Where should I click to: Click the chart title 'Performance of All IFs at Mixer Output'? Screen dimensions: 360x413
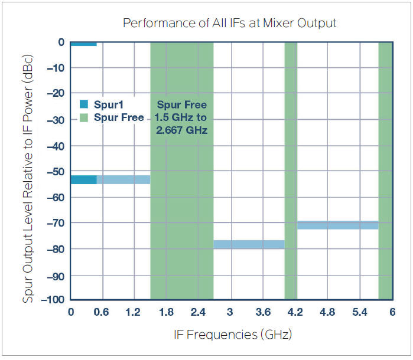click(229, 23)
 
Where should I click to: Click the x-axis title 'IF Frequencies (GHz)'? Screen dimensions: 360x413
click(233, 335)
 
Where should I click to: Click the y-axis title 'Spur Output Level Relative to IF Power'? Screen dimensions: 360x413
click(28, 171)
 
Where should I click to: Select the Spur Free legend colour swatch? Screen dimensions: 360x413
click(84, 117)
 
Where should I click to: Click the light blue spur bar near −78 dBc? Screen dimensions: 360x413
click(249, 244)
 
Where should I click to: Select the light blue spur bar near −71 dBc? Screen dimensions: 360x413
click(338, 225)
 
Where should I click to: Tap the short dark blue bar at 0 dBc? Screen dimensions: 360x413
click(83, 44)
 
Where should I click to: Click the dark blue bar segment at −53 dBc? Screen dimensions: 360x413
click(83, 179)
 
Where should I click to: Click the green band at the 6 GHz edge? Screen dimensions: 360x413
click(385, 171)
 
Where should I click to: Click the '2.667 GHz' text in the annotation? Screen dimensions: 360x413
click(182, 130)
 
